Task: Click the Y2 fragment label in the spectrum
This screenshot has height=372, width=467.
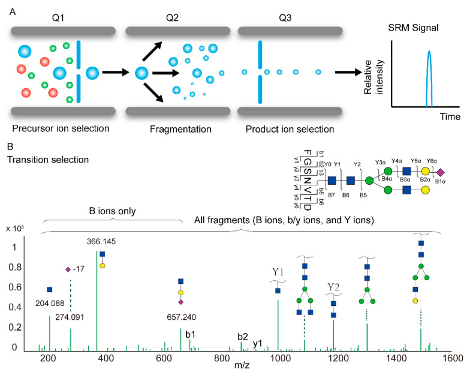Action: pyautogui.click(x=333, y=287)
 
